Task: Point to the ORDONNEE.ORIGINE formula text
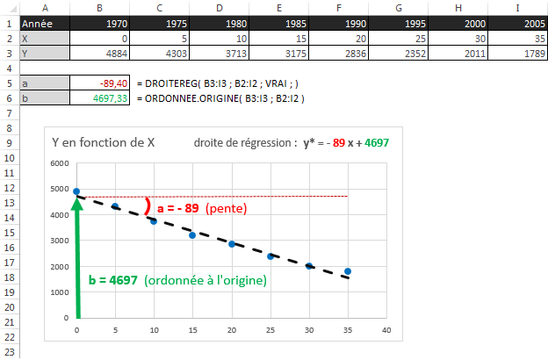pos(220,97)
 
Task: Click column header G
pos(400,8)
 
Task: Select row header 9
pos(8,142)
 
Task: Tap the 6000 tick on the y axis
pos(60,164)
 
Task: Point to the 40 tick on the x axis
pos(386,330)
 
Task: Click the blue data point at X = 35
pos(348,271)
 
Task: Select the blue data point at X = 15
pos(192,235)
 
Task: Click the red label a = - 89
pos(179,209)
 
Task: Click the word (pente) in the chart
pos(227,209)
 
